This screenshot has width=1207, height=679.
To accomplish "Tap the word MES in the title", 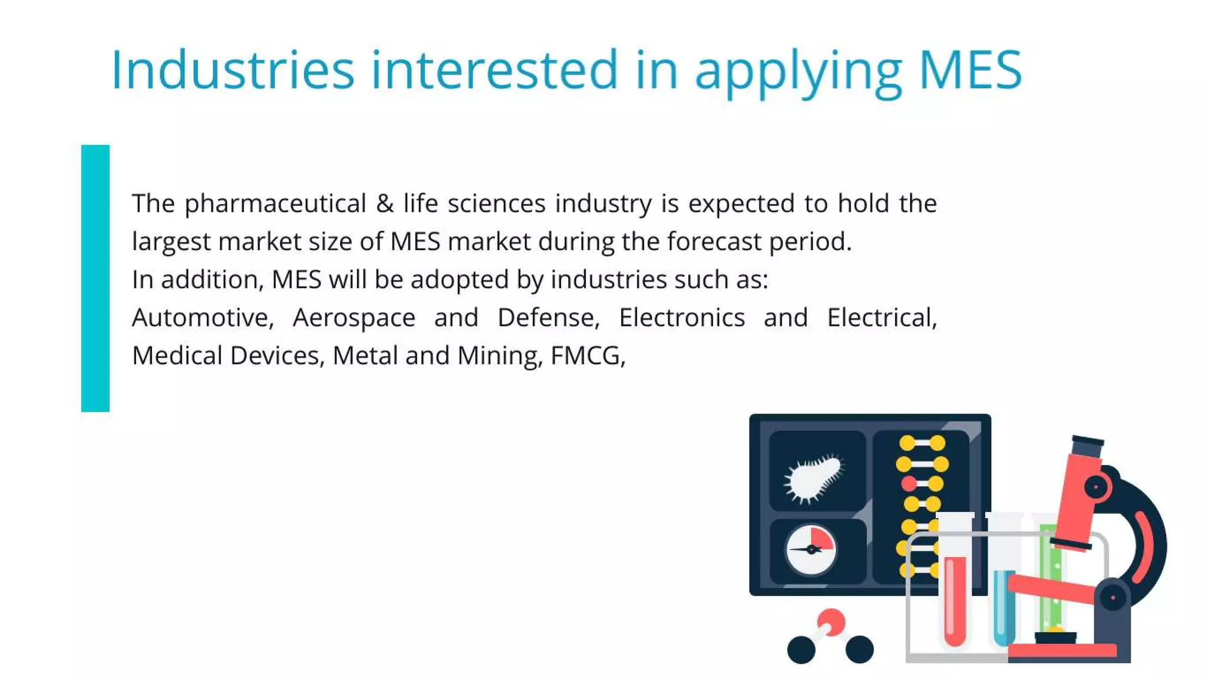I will [x=969, y=70].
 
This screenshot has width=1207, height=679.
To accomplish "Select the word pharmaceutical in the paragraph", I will [x=275, y=204].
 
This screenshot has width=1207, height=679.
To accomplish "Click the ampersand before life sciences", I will [x=384, y=204].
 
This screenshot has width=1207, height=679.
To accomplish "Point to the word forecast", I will [x=714, y=241].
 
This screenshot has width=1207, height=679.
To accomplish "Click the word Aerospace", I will [x=354, y=318].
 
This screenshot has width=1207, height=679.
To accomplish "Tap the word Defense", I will [x=548, y=318].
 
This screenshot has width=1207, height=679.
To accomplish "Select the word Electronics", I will [x=682, y=318].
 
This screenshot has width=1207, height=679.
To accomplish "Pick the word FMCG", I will [x=587, y=356].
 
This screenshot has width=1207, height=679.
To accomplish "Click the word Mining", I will [x=499, y=356].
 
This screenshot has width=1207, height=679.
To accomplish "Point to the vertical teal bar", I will [x=95, y=278].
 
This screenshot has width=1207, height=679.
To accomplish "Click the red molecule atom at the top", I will [x=831, y=622].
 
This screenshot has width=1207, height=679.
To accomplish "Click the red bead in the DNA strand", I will [x=909, y=484].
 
